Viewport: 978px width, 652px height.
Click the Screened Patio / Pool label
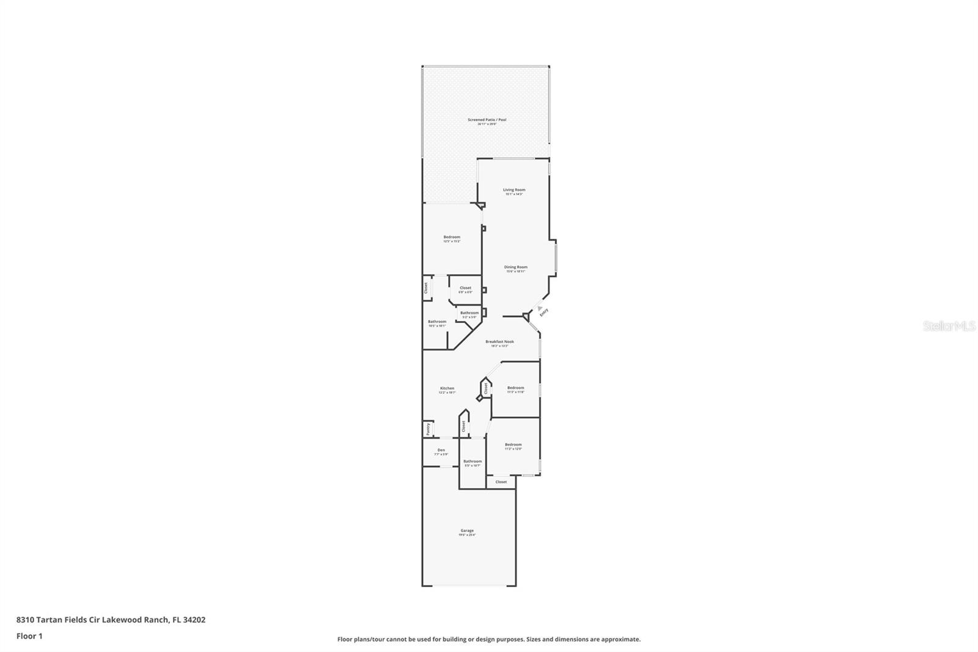487,120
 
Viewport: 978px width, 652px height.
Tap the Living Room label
514,190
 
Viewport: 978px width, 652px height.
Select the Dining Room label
515,267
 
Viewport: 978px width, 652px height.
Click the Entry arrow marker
540,308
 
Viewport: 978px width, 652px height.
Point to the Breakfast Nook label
499,342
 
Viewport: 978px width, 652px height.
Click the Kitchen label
447,389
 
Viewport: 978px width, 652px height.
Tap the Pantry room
428,429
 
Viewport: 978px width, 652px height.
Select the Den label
441,451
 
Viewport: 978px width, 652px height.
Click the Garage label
467,531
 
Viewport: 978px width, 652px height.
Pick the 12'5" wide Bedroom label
452,237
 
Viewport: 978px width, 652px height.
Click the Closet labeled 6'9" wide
465,288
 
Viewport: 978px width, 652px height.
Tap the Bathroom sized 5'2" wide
469,313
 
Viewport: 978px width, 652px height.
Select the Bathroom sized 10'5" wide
437,322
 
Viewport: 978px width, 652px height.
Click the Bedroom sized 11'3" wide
515,388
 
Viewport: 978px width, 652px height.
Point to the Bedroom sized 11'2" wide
513,445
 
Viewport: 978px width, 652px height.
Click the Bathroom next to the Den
472,462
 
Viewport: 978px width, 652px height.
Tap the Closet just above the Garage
501,482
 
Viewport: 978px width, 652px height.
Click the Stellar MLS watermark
949,327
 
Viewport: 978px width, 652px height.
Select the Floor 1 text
29,636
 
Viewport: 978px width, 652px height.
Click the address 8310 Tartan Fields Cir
111,620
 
